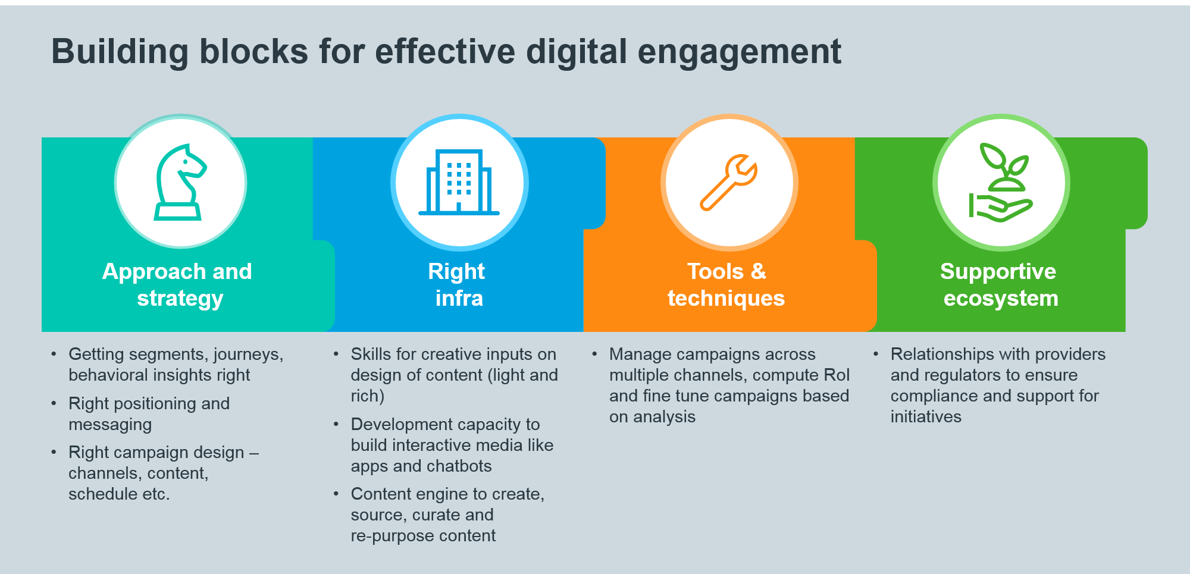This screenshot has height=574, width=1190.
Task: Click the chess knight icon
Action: (x=180, y=182)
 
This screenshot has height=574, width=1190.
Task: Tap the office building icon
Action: (x=459, y=182)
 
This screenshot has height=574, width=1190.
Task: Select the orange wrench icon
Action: (x=728, y=182)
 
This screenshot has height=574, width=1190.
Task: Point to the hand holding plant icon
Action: (x=1001, y=183)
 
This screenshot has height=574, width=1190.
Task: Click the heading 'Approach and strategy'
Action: (x=177, y=284)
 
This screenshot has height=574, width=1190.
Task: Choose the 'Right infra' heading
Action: (x=457, y=284)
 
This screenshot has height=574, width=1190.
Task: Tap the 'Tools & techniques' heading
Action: (x=726, y=284)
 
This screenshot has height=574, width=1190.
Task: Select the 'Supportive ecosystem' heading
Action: (x=999, y=284)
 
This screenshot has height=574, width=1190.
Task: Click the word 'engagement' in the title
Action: (x=740, y=52)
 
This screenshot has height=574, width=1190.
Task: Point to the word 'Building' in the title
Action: (x=120, y=52)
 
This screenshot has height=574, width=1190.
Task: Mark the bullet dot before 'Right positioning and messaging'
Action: (x=54, y=403)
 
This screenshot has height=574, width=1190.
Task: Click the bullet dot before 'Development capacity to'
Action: (x=336, y=424)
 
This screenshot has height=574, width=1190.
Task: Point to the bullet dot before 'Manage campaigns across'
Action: (x=594, y=354)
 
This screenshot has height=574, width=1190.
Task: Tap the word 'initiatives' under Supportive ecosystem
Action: (x=926, y=416)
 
